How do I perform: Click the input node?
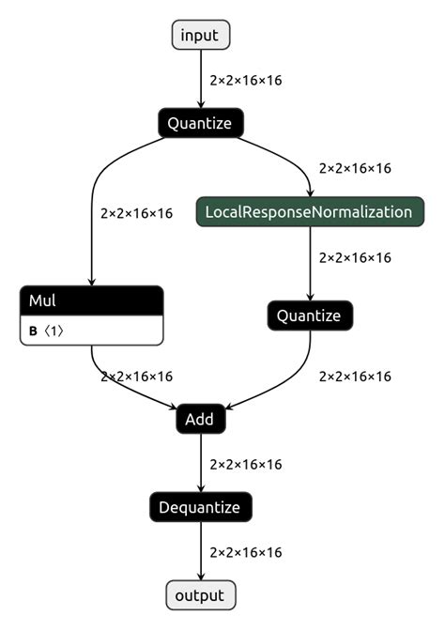coord(200,36)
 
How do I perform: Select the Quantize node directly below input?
coord(200,123)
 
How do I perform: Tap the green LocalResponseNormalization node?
coord(310,211)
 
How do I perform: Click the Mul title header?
coord(91,300)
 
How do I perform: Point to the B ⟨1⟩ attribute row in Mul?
coord(91,331)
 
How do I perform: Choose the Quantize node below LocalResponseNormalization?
coord(310,315)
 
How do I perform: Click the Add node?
coord(200,420)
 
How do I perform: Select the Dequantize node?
coord(200,508)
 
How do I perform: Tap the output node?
coord(200,595)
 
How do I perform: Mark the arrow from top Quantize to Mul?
coord(92,216)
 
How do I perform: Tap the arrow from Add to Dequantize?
coord(200,464)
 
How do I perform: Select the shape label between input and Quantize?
coord(246,80)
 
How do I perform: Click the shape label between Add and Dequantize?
coord(246,464)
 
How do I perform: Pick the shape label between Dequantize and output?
coord(246,552)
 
